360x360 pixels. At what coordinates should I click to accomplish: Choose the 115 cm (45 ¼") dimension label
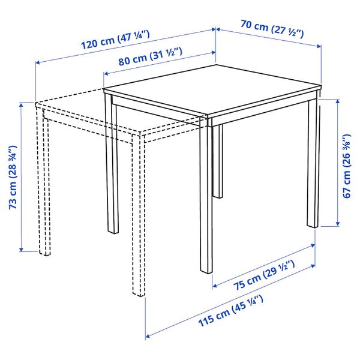[x=229, y=314]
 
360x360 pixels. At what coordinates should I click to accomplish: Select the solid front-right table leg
[x=204, y=198]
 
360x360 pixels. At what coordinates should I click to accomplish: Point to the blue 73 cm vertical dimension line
[x=22, y=180]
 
